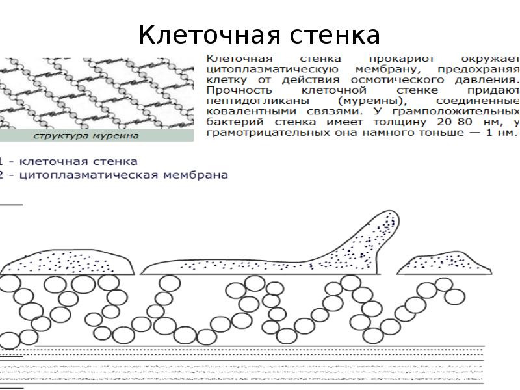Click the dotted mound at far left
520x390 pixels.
(x=68, y=261)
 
